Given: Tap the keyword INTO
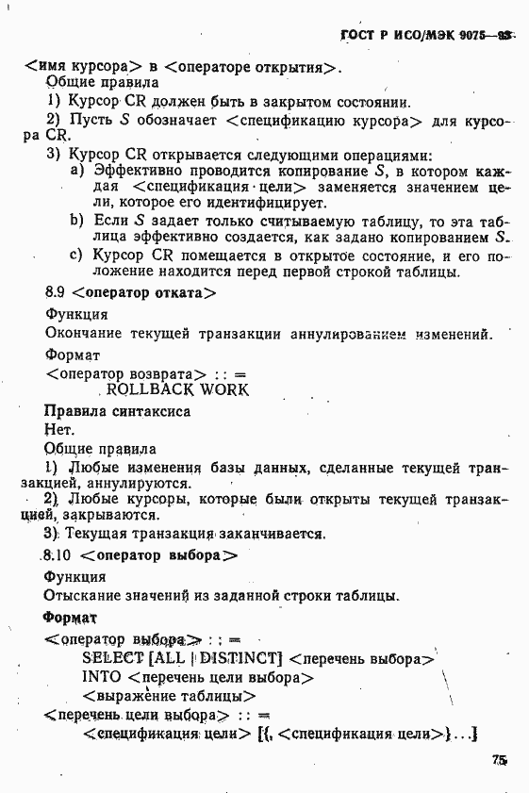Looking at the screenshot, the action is [101, 677].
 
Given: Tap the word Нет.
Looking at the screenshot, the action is [58, 429].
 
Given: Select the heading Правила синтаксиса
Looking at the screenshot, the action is [117, 411].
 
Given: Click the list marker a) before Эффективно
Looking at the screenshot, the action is [78, 171].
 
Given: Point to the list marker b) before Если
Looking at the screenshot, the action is [78, 221].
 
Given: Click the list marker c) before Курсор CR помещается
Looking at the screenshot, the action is [78, 256].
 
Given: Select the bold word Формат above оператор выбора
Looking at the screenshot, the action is [70, 618].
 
